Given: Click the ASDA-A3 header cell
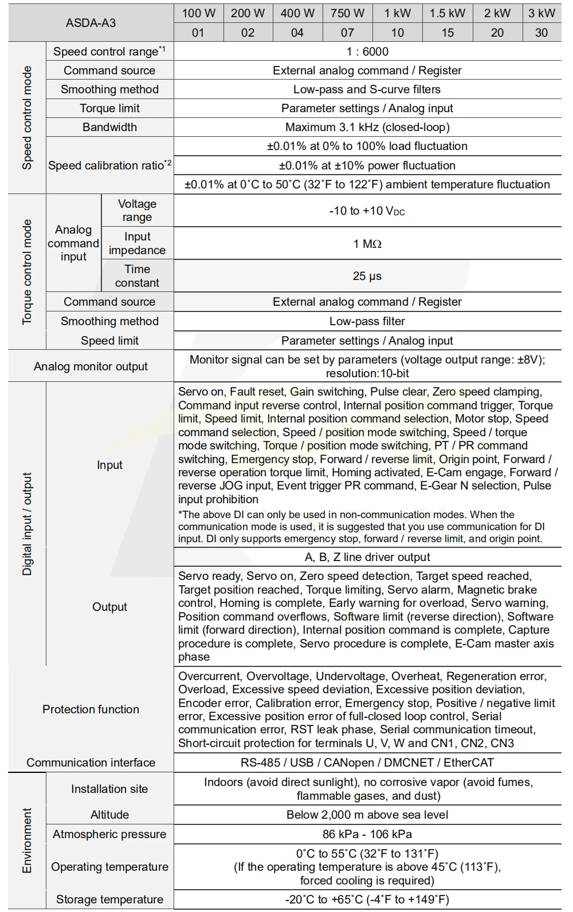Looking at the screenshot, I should coord(91,23).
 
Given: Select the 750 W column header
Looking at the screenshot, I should coord(347,13).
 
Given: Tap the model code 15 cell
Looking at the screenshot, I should coord(448,33).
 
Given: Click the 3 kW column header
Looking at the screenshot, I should coord(541,13).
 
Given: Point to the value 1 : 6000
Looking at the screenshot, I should coord(367,52).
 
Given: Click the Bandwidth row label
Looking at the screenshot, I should coord(109,127).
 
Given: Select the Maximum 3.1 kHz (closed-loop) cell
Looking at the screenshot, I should coord(367,127).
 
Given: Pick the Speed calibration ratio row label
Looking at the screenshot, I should coord(109,165).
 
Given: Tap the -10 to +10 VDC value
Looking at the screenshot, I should coord(367,211).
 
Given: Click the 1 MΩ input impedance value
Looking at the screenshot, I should coord(367,244).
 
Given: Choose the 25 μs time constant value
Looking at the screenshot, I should coord(367,276).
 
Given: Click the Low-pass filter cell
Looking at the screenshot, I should coord(367,321).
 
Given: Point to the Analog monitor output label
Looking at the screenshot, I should coord(91,366).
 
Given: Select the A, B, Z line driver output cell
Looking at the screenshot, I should coord(367,557).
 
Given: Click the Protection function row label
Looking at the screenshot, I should coord(91,709).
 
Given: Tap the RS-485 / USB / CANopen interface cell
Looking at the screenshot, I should coord(367,763).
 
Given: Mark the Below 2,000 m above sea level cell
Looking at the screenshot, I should coord(367,815).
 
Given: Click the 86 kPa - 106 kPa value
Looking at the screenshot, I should coord(367,834).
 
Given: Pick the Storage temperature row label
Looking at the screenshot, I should coord(109,899).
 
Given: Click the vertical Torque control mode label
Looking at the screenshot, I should coord(27,272).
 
